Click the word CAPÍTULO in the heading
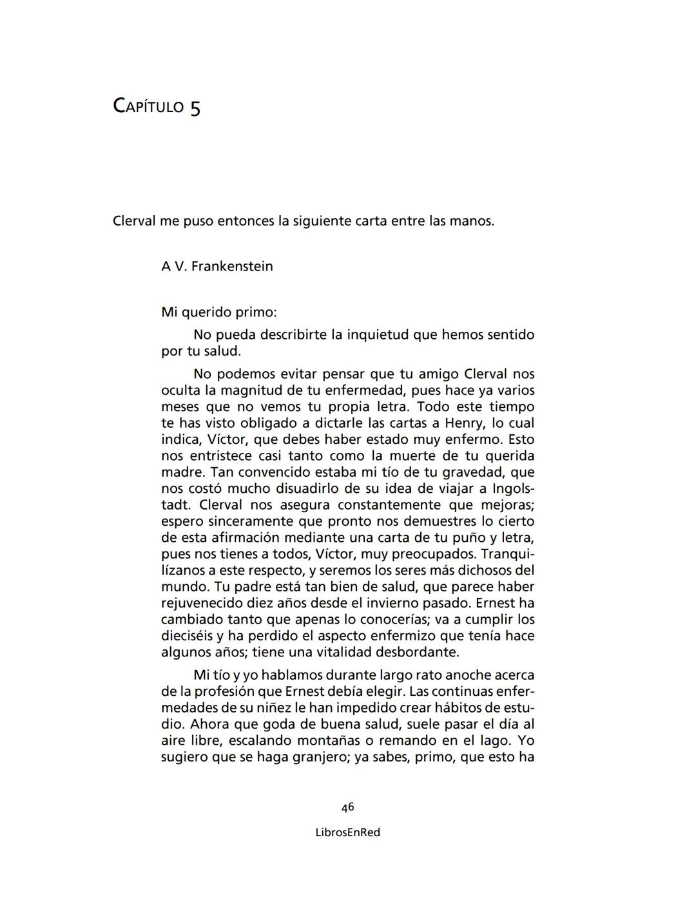[x=148, y=106]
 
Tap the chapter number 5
[x=195, y=108]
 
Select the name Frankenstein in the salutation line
[x=232, y=266]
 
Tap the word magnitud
[x=252, y=390]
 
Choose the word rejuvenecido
[x=202, y=604]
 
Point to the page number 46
[x=348, y=807]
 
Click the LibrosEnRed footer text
[x=348, y=832]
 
